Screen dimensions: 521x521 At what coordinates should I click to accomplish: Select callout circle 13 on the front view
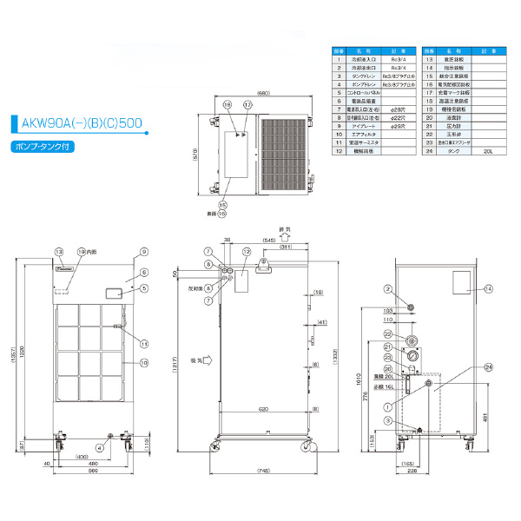click(59, 252)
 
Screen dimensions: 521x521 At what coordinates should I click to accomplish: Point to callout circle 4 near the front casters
click(100, 447)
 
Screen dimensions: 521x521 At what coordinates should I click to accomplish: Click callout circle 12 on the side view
click(247, 252)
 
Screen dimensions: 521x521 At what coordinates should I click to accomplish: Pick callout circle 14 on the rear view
click(488, 288)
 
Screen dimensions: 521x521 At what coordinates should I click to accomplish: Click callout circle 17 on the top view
click(247, 104)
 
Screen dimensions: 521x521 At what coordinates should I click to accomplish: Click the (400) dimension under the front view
click(81, 456)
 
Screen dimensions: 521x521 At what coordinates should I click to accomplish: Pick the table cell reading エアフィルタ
click(359, 135)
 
